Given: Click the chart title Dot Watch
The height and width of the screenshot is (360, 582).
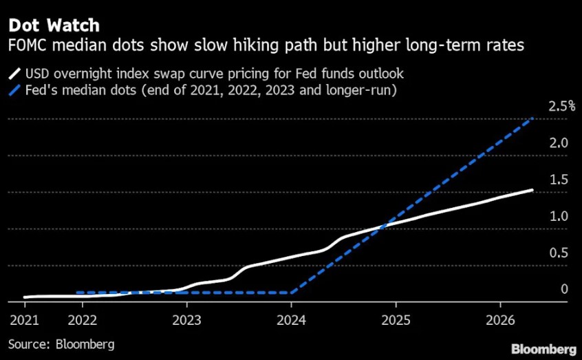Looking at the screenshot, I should [53, 25].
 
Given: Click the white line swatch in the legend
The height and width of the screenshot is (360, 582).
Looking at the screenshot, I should [14, 74].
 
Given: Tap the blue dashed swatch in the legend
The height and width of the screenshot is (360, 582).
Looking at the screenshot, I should [14, 90].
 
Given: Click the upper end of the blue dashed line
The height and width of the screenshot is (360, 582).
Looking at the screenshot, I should [532, 119].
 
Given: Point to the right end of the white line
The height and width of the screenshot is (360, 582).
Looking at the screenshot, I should [532, 190].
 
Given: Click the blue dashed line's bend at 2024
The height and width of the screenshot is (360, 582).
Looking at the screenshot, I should [291, 293].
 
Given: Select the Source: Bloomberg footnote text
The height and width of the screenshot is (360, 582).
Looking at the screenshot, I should [61, 343].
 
